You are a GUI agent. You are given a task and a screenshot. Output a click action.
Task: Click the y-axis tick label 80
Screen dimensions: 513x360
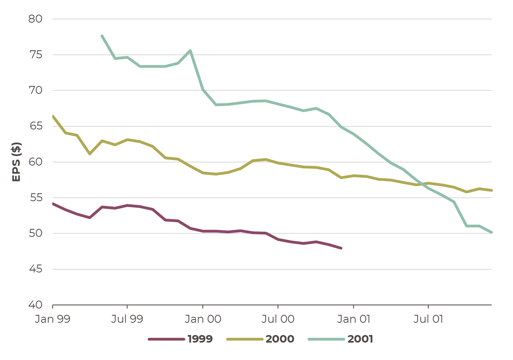pyautogui.click(x=35, y=19)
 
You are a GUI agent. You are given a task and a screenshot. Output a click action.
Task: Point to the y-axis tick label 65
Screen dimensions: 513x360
pyautogui.click(x=36, y=126)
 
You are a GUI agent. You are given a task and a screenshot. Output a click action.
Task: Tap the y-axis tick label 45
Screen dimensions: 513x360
pyautogui.click(x=36, y=269)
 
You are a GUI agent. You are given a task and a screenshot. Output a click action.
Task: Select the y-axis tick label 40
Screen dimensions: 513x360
pyautogui.click(x=35, y=305)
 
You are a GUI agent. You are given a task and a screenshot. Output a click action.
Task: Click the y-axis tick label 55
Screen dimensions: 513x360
pyautogui.click(x=36, y=198)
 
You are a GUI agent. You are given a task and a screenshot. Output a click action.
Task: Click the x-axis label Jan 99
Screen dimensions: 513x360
pyautogui.click(x=52, y=319)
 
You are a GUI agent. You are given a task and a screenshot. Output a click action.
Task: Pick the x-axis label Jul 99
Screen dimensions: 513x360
pyautogui.click(x=127, y=319)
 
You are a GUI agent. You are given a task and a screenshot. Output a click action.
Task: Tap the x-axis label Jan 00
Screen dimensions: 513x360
pyautogui.click(x=203, y=319)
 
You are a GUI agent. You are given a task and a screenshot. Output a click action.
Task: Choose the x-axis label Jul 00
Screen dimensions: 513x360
pyautogui.click(x=278, y=319)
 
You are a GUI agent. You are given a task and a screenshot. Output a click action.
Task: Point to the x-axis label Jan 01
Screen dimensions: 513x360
pyautogui.click(x=353, y=319)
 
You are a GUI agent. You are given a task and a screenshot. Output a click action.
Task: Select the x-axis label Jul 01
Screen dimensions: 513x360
pyautogui.click(x=428, y=319)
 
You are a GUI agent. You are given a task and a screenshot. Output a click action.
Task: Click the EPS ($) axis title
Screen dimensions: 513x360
pyautogui.click(x=16, y=162)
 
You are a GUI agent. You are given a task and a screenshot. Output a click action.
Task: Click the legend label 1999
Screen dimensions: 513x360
pyautogui.click(x=200, y=339)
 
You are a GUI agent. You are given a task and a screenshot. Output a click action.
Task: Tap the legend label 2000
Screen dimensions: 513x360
pyautogui.click(x=280, y=339)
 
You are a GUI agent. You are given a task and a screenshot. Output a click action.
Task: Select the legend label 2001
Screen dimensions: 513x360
pyautogui.click(x=360, y=339)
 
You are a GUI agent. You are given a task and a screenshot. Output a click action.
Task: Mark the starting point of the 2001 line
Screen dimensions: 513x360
pyautogui.click(x=102, y=36)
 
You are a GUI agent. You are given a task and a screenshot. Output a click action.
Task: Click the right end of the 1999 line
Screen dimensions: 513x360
pyautogui.click(x=341, y=248)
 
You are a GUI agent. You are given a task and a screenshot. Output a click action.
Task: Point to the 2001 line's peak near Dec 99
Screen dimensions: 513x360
pyautogui.click(x=190, y=50)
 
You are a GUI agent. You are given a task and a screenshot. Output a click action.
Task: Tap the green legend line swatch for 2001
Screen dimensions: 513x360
pyautogui.click(x=326, y=339)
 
